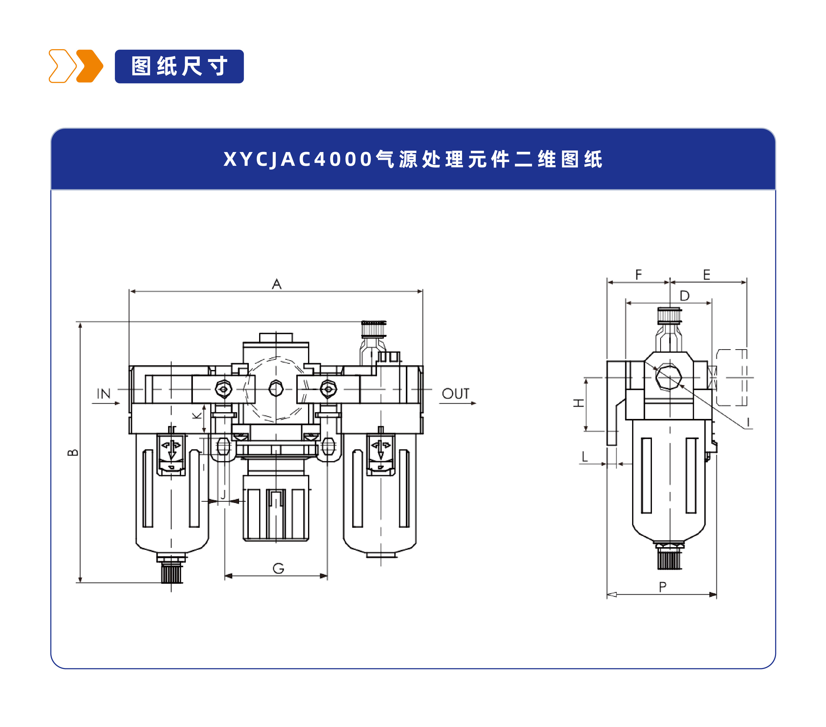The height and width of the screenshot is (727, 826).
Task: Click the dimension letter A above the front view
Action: (x=276, y=284)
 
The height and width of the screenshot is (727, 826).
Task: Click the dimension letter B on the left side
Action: (x=73, y=452)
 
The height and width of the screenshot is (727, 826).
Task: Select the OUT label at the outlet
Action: (x=456, y=394)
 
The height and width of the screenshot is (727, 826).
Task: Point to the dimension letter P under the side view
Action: (x=662, y=587)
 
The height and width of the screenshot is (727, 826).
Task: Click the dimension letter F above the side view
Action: (x=638, y=275)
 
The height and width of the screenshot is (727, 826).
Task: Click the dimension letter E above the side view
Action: (x=706, y=275)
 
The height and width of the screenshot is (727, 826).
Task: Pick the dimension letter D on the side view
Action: (x=684, y=296)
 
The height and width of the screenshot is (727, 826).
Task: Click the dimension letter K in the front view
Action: (x=196, y=415)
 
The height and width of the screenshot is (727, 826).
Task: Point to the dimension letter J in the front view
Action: (x=223, y=495)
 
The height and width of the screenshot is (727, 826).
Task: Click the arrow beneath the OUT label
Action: (x=458, y=403)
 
